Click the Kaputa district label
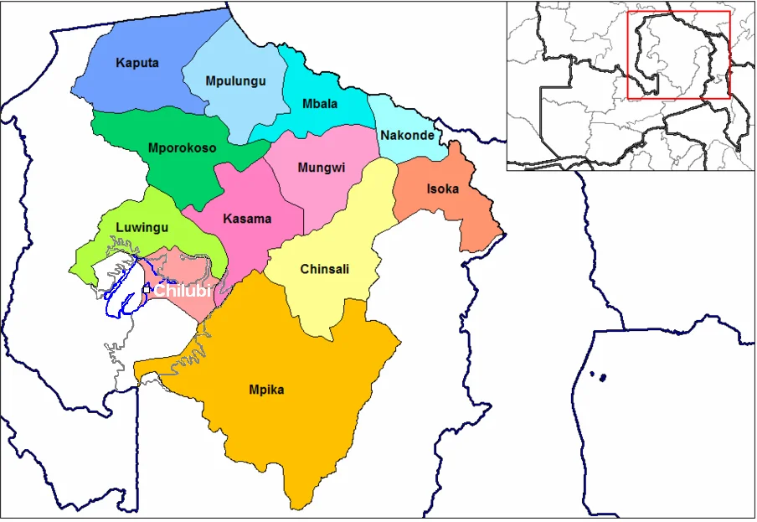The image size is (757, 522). (x=137, y=63)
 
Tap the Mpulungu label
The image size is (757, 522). (x=235, y=81)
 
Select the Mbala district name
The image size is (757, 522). (x=320, y=104)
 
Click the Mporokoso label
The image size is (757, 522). (x=182, y=148)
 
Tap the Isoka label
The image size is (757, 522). (x=443, y=189)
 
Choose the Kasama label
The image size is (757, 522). (x=247, y=219)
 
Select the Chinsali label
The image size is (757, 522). (x=324, y=269)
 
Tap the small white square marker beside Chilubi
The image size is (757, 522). (x=147, y=290)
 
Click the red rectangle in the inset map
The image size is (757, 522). (x=678, y=55)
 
